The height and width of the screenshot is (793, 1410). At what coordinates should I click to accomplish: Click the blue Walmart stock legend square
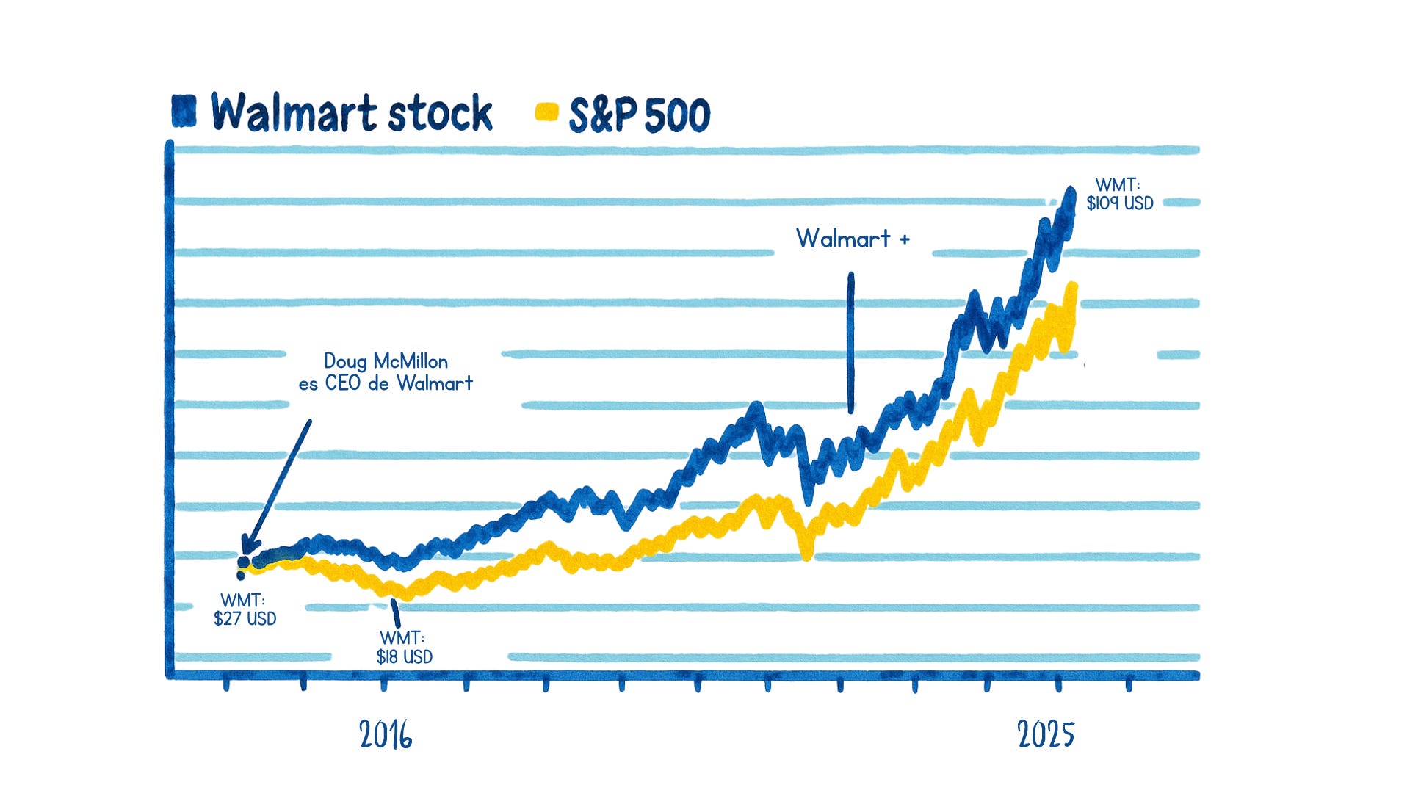(184, 112)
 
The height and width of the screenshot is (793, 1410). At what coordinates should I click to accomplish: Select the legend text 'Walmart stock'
(352, 113)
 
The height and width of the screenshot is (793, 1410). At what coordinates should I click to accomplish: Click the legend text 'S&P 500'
(640, 115)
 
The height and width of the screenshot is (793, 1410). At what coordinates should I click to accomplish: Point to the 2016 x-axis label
(386, 734)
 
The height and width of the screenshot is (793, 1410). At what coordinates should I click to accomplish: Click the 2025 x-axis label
(1046, 734)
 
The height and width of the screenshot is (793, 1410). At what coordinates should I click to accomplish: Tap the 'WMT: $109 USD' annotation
(1120, 194)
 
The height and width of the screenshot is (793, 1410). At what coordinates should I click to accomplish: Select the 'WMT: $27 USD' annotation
(245, 609)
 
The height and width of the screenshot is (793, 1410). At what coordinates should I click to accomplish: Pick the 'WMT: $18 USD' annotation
(404, 647)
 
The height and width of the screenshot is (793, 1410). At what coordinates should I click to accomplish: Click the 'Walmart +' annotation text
(853, 239)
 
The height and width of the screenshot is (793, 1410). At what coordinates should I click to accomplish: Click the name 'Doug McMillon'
(386, 361)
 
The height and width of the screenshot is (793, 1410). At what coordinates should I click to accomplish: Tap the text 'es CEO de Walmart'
(386, 383)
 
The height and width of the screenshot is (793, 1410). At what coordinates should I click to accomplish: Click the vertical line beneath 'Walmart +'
(851, 342)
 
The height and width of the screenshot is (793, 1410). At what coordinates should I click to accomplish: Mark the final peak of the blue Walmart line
(1070, 193)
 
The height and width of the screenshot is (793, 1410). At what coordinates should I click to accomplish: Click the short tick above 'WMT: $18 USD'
(396, 613)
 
